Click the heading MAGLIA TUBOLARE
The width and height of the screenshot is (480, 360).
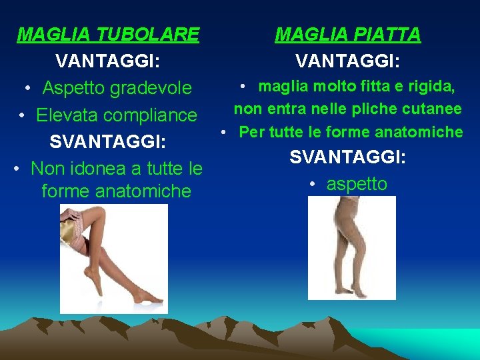click(x=108, y=34)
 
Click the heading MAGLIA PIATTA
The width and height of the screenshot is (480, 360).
click(x=348, y=34)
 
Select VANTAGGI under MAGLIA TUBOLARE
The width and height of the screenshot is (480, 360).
click(x=107, y=61)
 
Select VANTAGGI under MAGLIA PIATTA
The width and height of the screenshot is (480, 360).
click(x=348, y=61)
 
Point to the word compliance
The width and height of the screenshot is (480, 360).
click(x=153, y=115)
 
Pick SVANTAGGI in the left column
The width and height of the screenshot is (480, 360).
click(x=107, y=142)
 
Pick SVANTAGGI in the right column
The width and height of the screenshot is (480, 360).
click(x=348, y=157)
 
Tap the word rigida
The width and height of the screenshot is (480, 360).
click(x=431, y=86)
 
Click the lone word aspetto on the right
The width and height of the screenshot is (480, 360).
click(x=357, y=184)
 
